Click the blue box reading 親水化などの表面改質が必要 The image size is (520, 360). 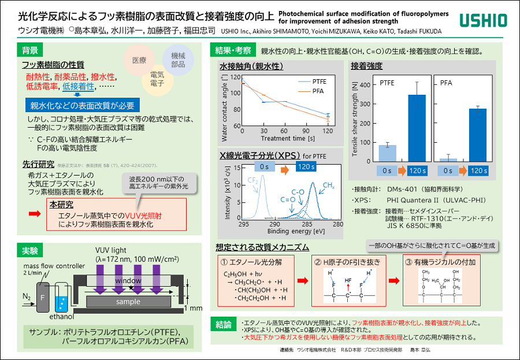(83, 105)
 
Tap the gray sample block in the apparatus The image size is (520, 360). (128, 302)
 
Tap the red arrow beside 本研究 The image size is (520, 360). (35, 214)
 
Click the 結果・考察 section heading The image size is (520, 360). (233, 50)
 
